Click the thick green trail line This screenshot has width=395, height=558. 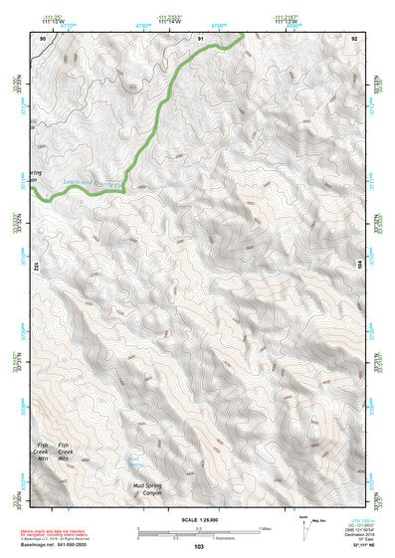159,109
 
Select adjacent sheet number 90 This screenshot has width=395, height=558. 42,38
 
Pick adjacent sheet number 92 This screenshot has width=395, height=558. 354,38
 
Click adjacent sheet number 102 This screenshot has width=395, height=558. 35,267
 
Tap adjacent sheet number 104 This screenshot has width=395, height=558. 360,267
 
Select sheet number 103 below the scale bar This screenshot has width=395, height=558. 199,546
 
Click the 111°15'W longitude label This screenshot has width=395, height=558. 42,23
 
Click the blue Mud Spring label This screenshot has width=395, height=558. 135,461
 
